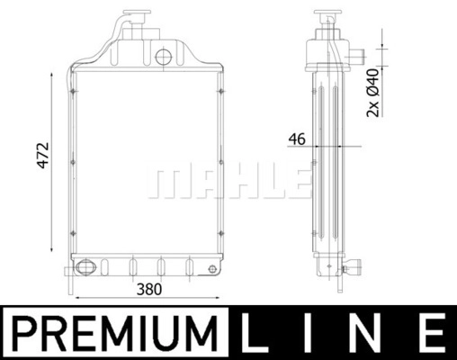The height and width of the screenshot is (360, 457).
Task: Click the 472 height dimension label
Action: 42,156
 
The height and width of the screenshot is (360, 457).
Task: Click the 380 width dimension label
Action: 149,290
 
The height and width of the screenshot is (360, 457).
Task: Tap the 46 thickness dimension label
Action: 297,139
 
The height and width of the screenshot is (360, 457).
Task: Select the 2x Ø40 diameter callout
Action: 372,93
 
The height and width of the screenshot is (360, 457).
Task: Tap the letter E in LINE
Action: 431,333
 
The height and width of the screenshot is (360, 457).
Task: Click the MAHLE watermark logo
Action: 228,183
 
